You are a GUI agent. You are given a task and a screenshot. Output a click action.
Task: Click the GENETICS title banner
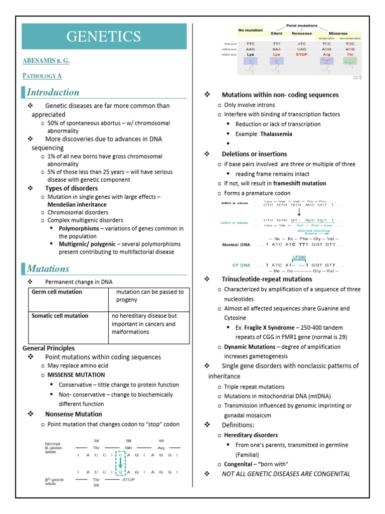(x=104, y=37)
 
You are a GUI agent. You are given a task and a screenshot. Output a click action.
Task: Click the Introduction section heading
(x=53, y=92)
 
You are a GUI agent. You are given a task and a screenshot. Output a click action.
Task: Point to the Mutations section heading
(x=48, y=269)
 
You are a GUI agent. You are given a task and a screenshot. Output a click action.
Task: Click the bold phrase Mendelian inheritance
(x=77, y=205)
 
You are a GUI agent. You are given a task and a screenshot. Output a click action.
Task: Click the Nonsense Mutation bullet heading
(x=73, y=414)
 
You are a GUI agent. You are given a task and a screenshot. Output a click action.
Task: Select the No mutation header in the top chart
(x=251, y=30)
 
